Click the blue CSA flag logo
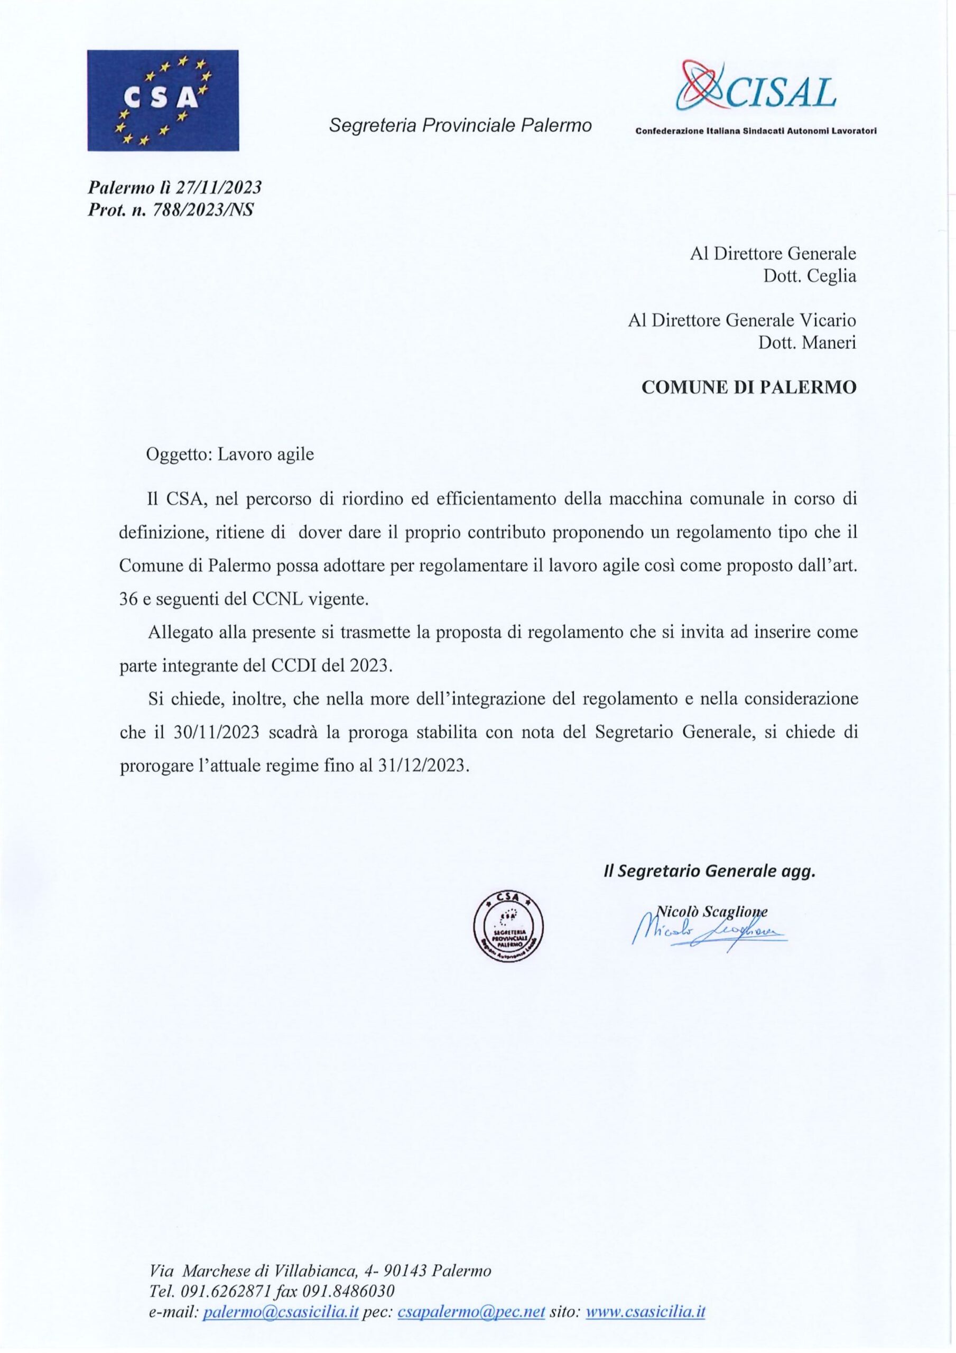[x=163, y=100]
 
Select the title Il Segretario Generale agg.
[x=709, y=872]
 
